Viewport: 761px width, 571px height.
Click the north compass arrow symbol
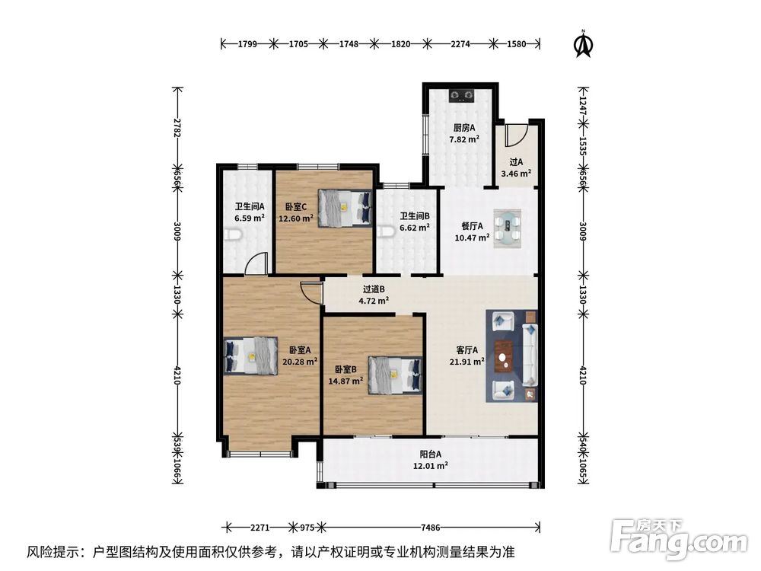click(584, 44)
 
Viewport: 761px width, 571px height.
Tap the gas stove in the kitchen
click(460, 95)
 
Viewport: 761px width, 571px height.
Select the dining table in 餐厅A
click(507, 228)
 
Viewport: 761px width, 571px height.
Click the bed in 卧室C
click(345, 208)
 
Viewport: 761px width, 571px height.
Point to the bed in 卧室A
click(251, 356)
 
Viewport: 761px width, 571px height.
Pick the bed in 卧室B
click(394, 375)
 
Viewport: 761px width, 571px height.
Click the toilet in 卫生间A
click(233, 235)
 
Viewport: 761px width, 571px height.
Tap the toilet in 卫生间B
click(385, 231)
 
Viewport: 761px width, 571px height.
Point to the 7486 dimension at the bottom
click(431, 528)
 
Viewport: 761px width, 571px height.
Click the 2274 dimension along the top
click(460, 44)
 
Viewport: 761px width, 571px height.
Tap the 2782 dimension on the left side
click(178, 128)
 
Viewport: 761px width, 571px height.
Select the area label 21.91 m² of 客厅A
click(467, 362)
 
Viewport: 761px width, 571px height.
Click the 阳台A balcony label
click(431, 455)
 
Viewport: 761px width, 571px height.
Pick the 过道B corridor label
click(374, 289)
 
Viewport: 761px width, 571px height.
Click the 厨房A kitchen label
click(464, 128)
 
